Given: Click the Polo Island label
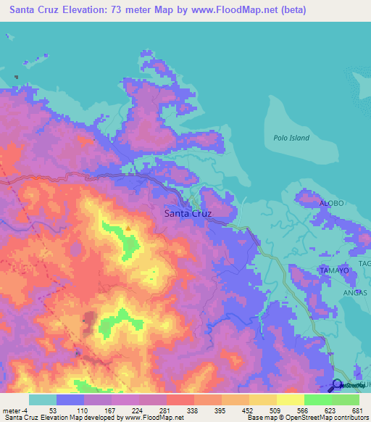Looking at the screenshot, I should pyautogui.click(x=291, y=138).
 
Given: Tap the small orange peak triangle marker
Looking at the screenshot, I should pyautogui.click(x=128, y=228).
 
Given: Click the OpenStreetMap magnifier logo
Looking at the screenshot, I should pyautogui.click(x=338, y=386).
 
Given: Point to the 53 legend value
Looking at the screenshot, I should pyautogui.click(x=53, y=410).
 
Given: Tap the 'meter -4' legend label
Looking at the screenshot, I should pyautogui.click(x=16, y=410).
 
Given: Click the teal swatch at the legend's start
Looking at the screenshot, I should pyautogui.click(x=42, y=400).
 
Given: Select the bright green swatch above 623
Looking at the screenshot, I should pyautogui.click(x=317, y=400).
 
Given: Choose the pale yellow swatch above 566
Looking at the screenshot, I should pyautogui.click(x=290, y=400).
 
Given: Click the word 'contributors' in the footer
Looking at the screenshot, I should pyautogui.click(x=349, y=418).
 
